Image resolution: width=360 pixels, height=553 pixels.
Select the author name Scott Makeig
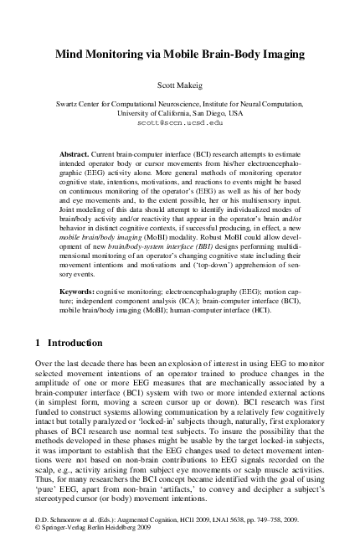[x=180, y=85]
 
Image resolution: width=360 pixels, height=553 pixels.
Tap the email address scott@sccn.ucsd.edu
[x=180, y=122]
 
